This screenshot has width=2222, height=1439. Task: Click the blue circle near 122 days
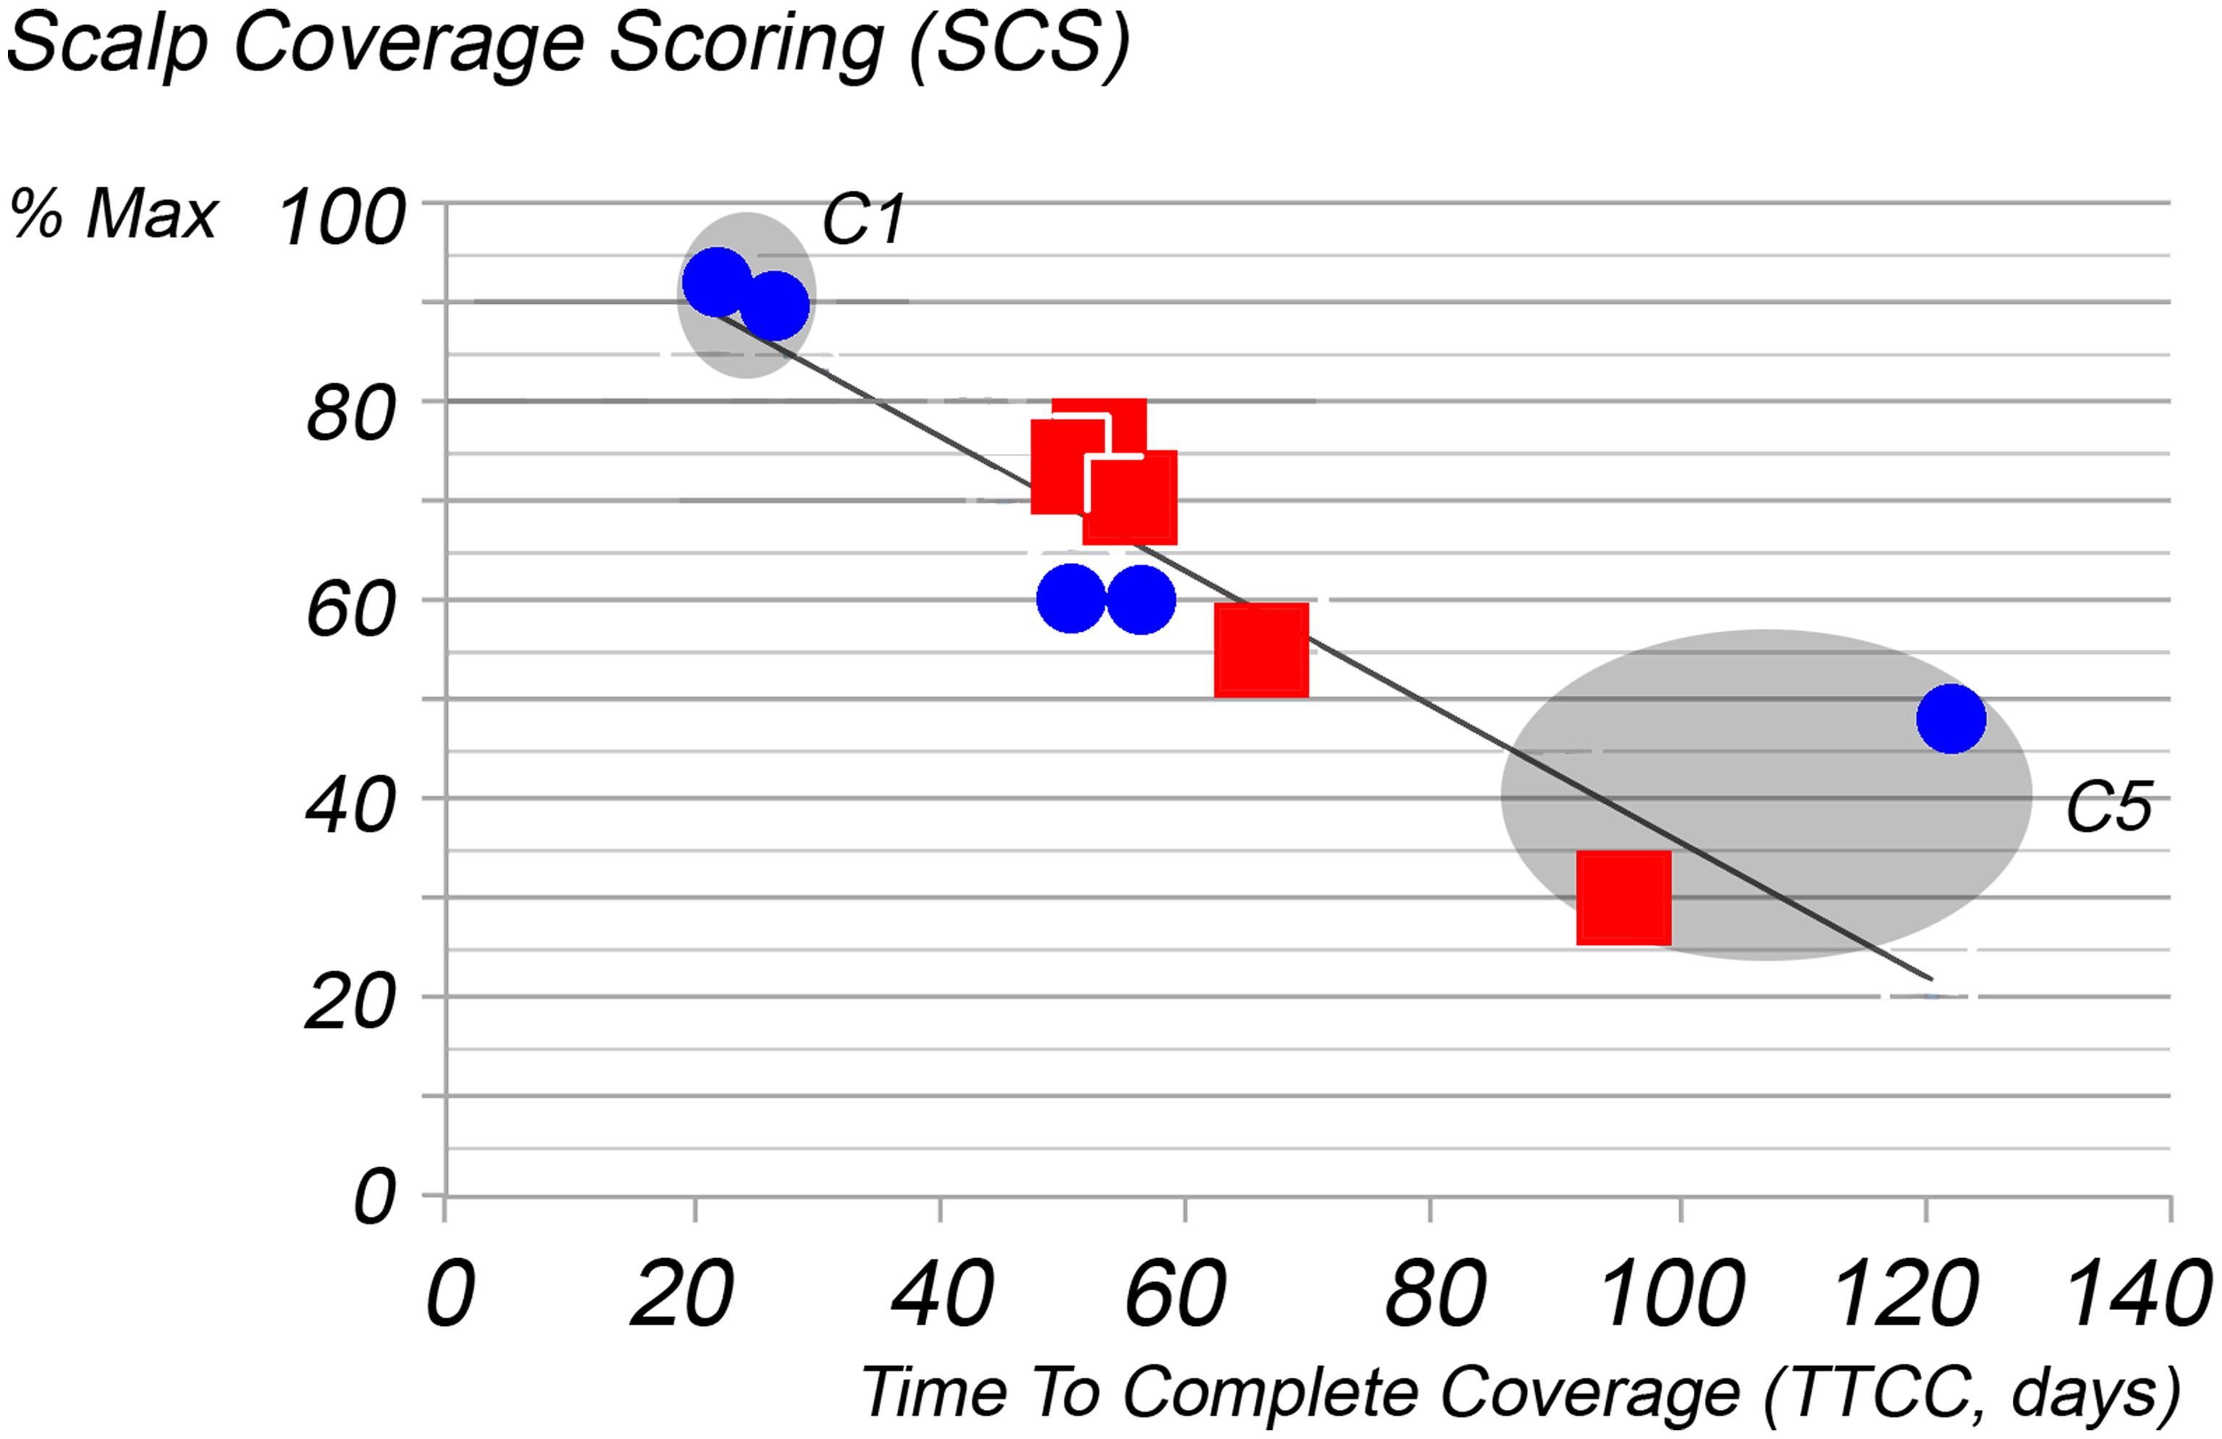(1951, 718)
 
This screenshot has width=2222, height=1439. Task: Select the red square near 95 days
(1624, 898)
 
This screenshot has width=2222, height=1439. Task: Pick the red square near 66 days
(1260, 650)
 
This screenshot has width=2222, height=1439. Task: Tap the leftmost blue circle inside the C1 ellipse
(717, 282)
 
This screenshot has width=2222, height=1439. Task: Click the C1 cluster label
(862, 221)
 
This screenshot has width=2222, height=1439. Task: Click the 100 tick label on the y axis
(342, 219)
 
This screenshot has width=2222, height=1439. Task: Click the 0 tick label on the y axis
(373, 1198)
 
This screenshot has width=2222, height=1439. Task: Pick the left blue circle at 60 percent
(1071, 599)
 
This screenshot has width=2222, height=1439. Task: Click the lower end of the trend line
(1930, 979)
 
